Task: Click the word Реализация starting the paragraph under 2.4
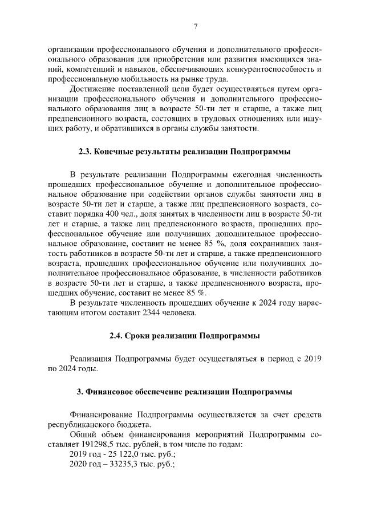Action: click(91, 359)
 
